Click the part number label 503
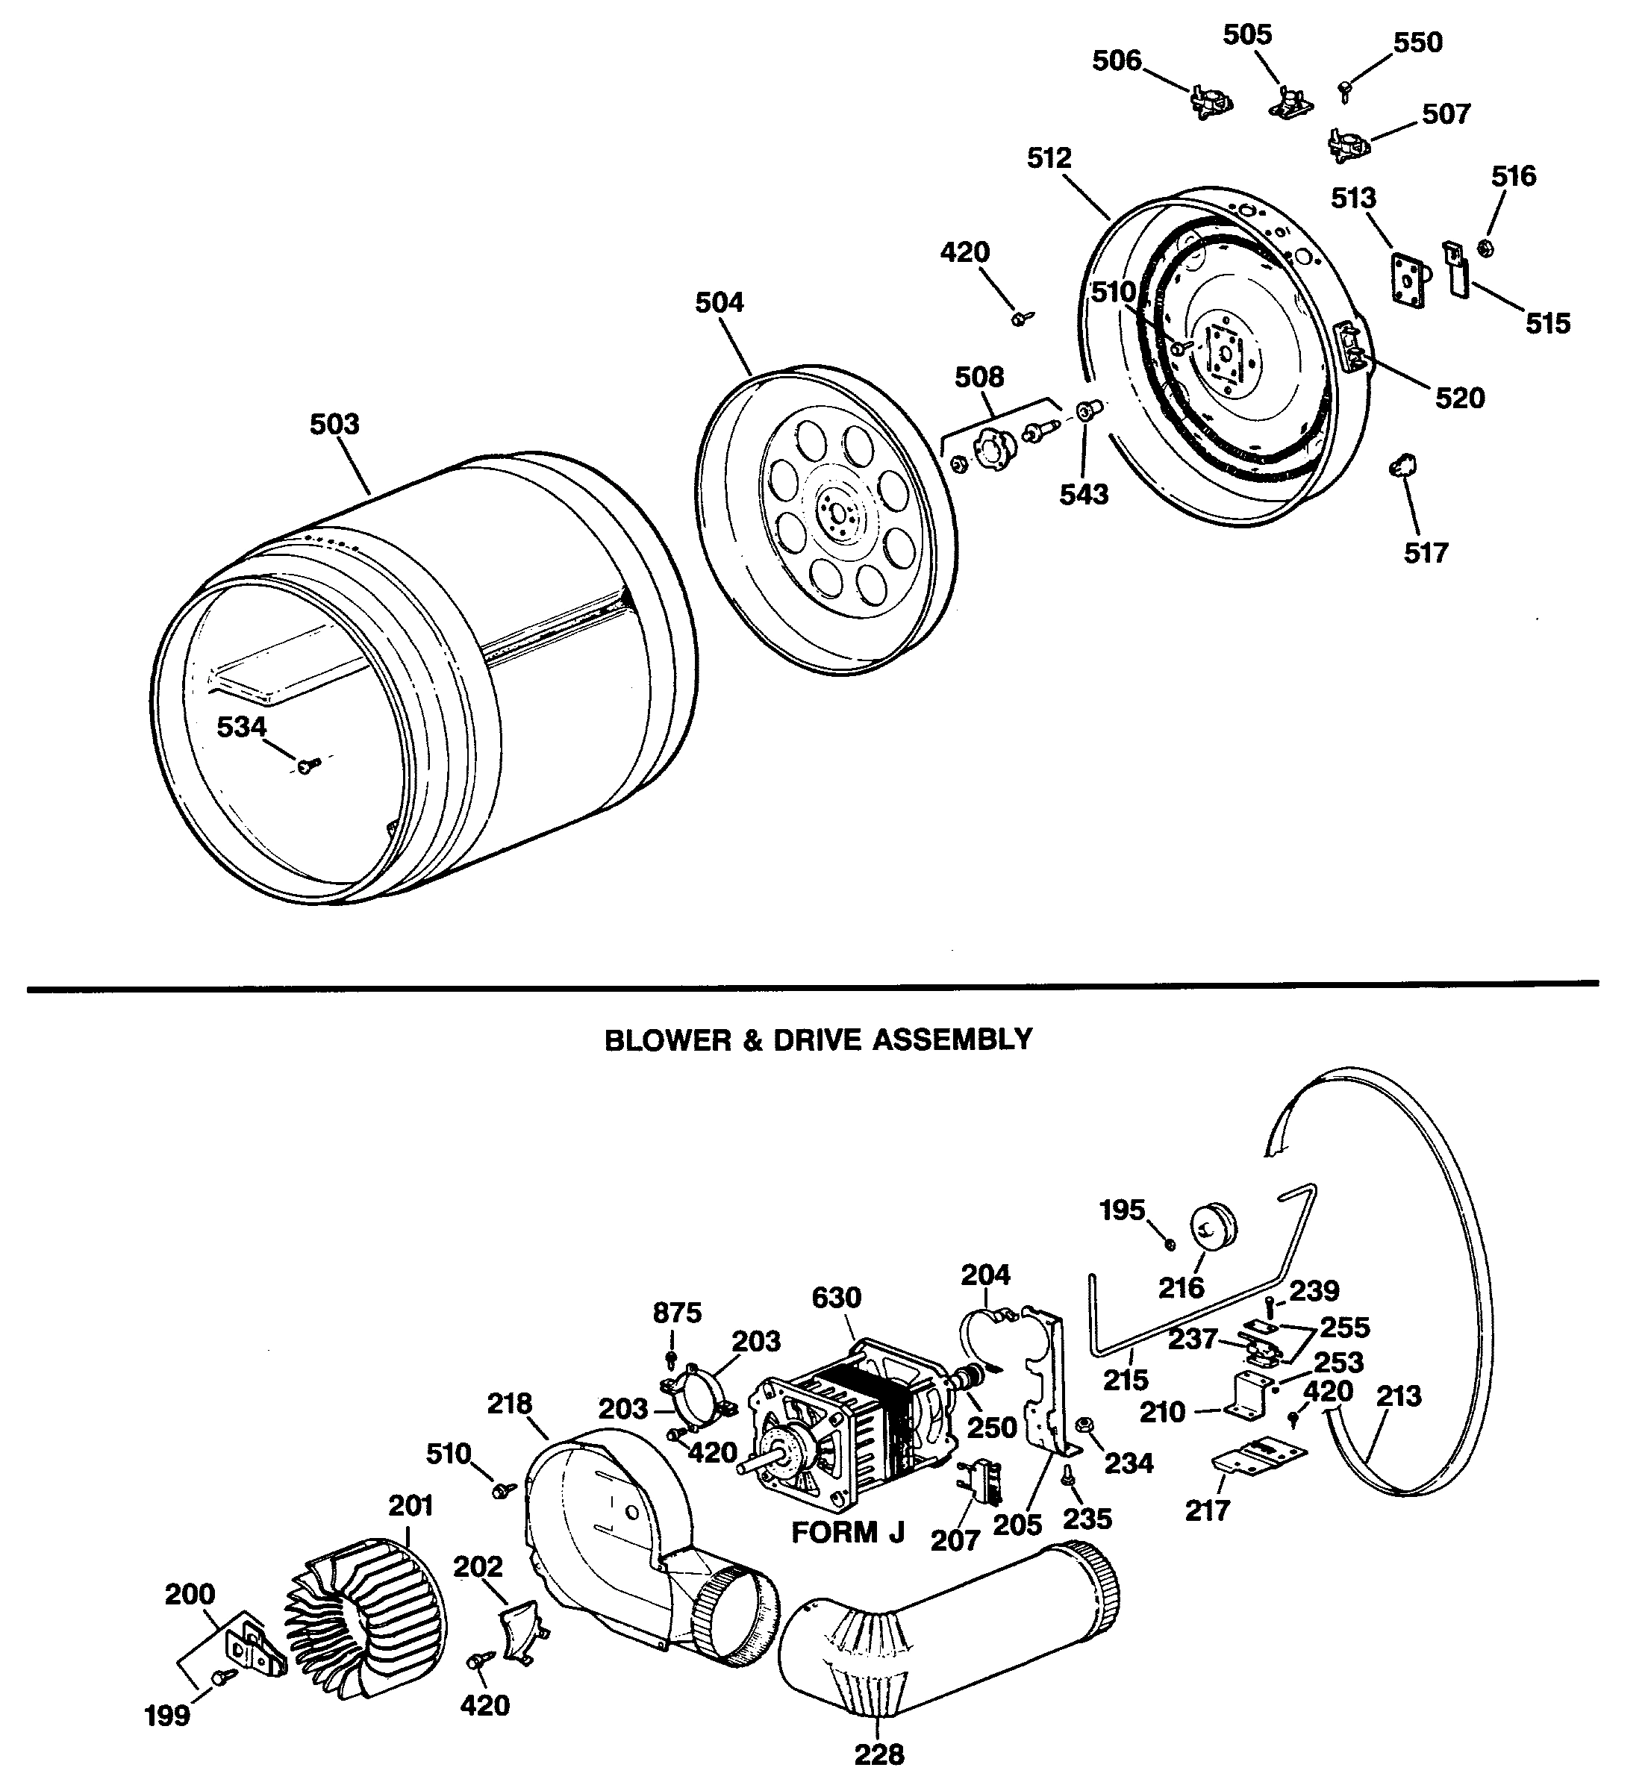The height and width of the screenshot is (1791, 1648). [334, 425]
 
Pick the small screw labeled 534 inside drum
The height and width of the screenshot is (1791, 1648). [307, 765]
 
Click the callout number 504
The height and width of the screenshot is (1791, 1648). [719, 303]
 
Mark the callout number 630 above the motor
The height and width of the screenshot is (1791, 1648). [836, 1297]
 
